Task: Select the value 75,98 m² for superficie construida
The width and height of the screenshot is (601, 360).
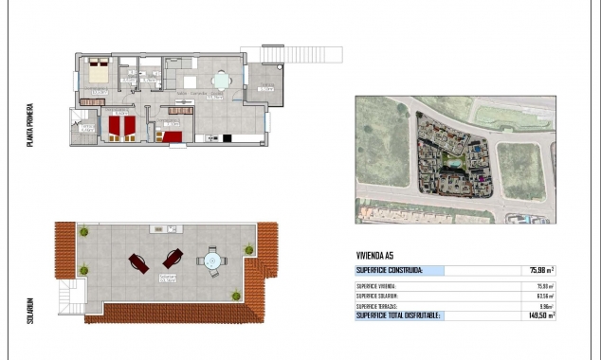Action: pyautogui.click(x=541, y=270)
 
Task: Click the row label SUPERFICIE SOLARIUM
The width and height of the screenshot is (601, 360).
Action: pyautogui.click(x=376, y=296)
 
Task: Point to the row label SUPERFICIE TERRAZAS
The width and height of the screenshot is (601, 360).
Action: pyautogui.click(x=376, y=306)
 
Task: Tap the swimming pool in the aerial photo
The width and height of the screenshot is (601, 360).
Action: pyautogui.click(x=454, y=165)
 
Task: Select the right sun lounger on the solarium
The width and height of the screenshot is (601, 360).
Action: pyautogui.click(x=172, y=258)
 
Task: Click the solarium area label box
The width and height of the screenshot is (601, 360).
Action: pyautogui.click(x=168, y=279)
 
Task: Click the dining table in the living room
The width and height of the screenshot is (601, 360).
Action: pyautogui.click(x=220, y=80)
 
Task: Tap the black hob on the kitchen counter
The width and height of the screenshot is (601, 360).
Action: pyautogui.click(x=227, y=141)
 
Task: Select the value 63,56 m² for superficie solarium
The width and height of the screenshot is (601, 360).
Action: pyautogui.click(x=543, y=296)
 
